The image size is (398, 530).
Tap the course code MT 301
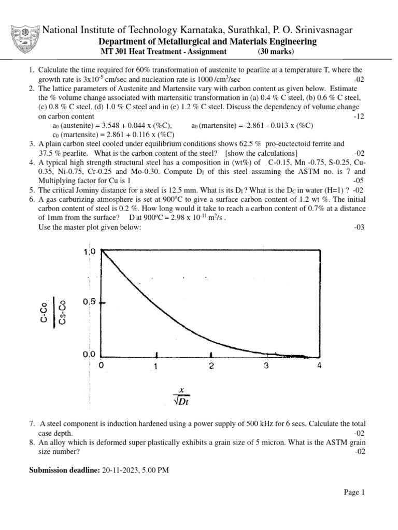112,52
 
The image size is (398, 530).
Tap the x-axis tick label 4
319,366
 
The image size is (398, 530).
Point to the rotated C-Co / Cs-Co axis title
55,311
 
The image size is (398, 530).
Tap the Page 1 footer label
355,493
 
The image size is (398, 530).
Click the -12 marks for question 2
359,117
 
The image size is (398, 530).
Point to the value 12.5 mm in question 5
194,190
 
